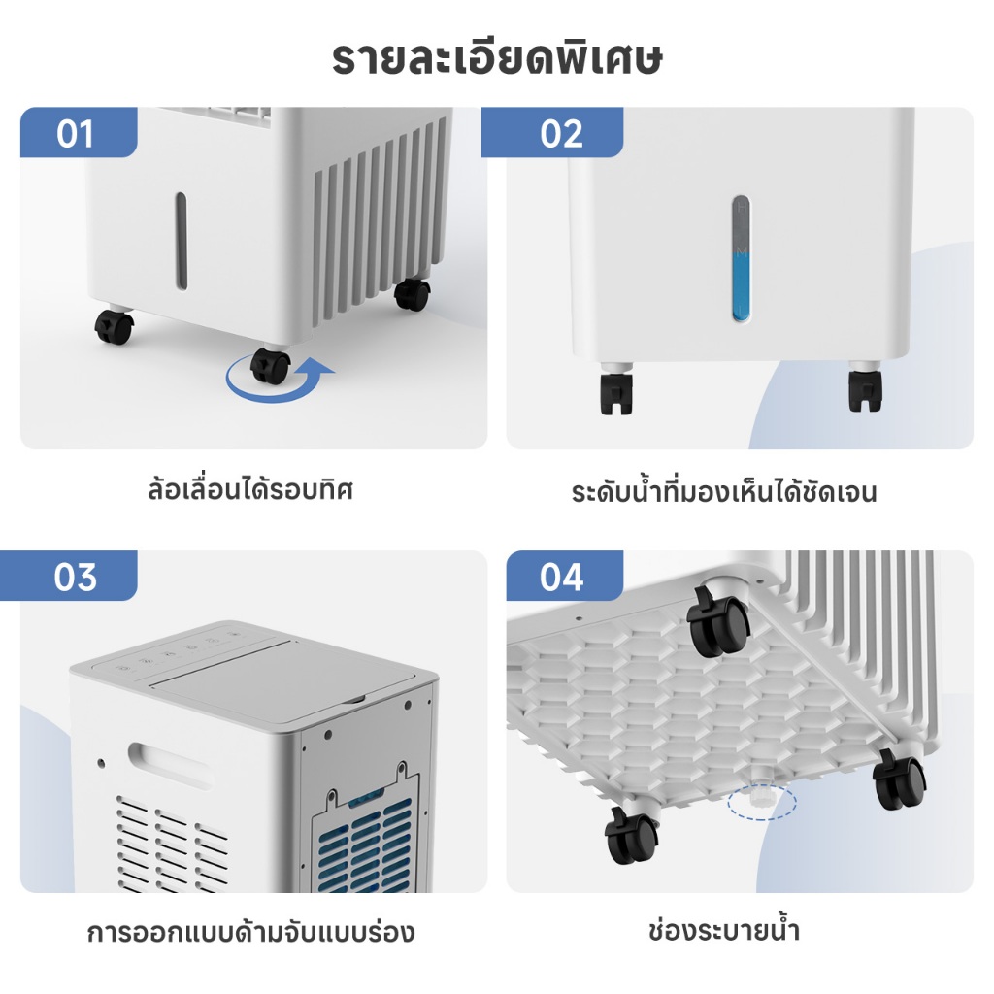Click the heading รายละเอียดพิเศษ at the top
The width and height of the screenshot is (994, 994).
[x=496, y=59]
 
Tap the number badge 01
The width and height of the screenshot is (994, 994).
[x=75, y=134]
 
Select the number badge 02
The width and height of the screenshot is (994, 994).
[x=561, y=134]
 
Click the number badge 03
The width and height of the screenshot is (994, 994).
[x=75, y=577]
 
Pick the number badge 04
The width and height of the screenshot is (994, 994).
[x=561, y=577]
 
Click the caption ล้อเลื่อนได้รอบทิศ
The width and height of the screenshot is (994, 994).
[x=249, y=489]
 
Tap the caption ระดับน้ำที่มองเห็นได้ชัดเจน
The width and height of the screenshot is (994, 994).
[x=724, y=491]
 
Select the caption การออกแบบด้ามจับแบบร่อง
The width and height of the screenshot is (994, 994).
[x=250, y=933]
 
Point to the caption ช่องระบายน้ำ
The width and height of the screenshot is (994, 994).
[x=724, y=931]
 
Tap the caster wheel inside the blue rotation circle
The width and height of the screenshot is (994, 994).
[x=271, y=366]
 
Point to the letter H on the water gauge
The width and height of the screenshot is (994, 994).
[x=742, y=207]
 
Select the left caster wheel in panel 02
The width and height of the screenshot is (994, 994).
[x=616, y=388]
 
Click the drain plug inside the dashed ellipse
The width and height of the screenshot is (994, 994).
[x=759, y=798]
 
